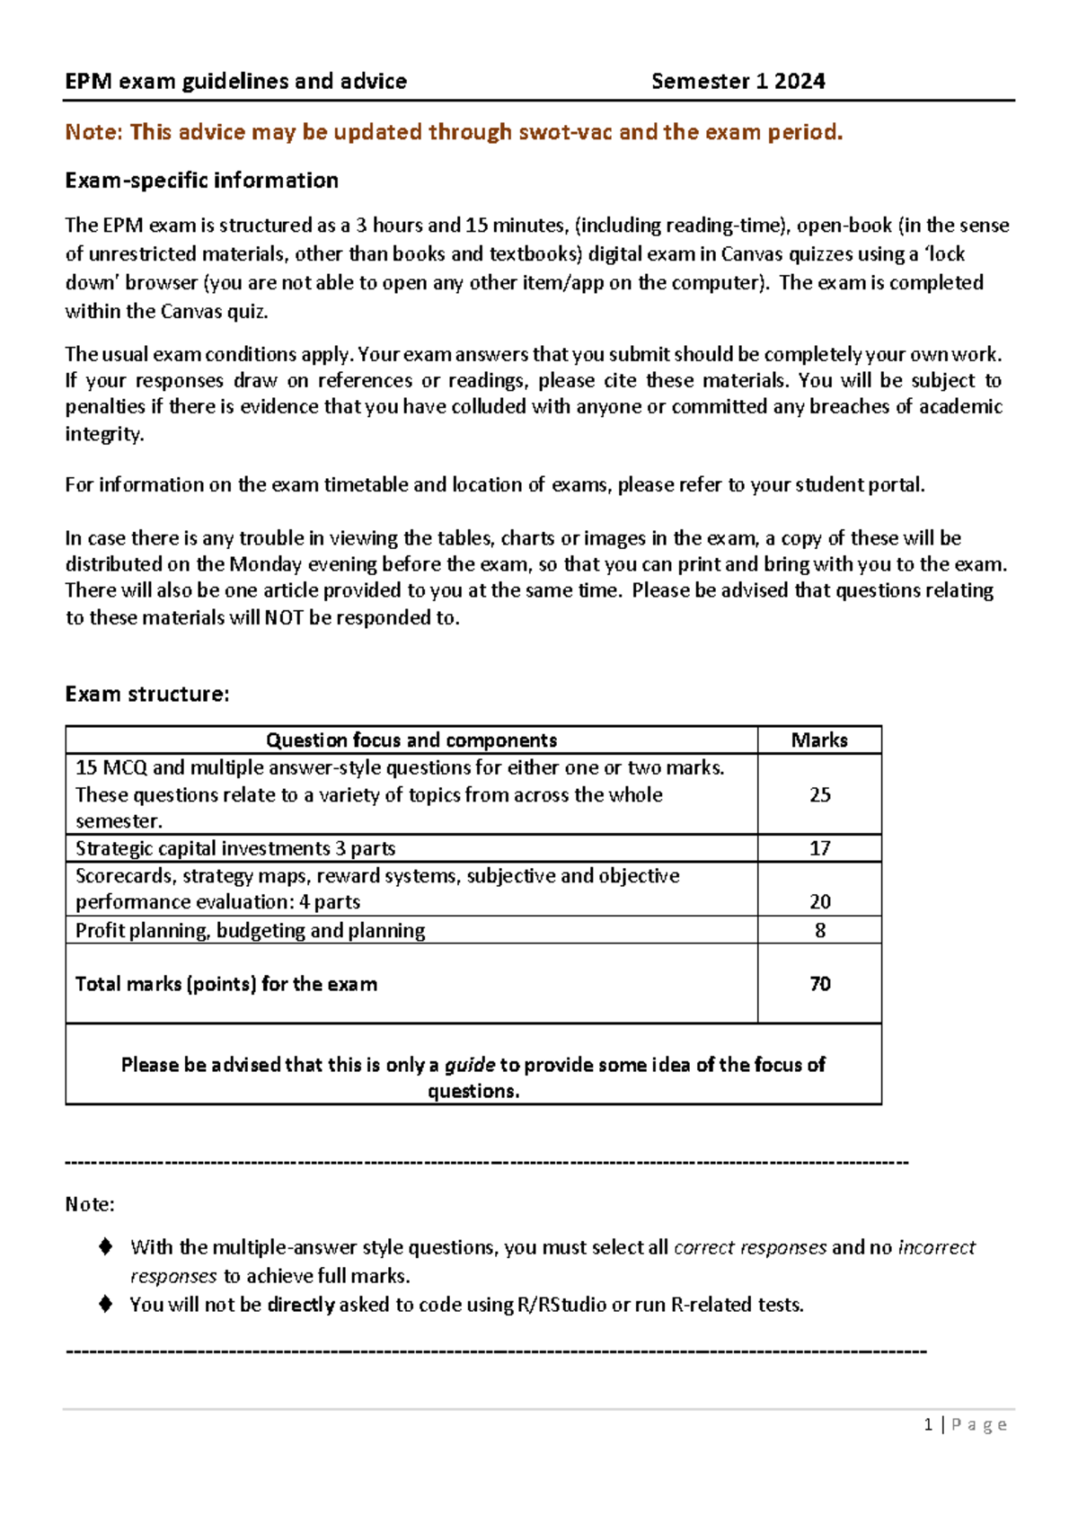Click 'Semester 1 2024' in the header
pyautogui.click(x=738, y=82)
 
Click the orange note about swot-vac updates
pyautogui.click(x=454, y=132)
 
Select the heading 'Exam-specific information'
pyautogui.click(x=201, y=181)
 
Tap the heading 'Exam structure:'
pyautogui.click(x=147, y=694)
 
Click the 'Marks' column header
pyautogui.click(x=819, y=740)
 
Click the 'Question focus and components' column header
pyautogui.click(x=411, y=740)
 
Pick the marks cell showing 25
pyautogui.click(x=819, y=794)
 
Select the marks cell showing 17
pyautogui.click(x=819, y=848)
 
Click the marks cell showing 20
pyautogui.click(x=819, y=901)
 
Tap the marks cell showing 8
pyautogui.click(x=819, y=930)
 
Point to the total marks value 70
pyautogui.click(x=819, y=984)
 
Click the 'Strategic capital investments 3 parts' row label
pyautogui.click(x=235, y=848)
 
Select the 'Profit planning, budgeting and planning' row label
pyautogui.click(x=250, y=930)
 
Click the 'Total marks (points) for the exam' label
pyautogui.click(x=226, y=984)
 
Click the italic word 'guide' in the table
pyautogui.click(x=470, y=1065)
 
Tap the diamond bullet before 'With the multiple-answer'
pyautogui.click(x=106, y=1246)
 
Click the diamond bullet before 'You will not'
pyautogui.click(x=106, y=1304)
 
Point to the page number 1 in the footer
pyautogui.click(x=928, y=1424)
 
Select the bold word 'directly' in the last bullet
pyautogui.click(x=301, y=1305)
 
